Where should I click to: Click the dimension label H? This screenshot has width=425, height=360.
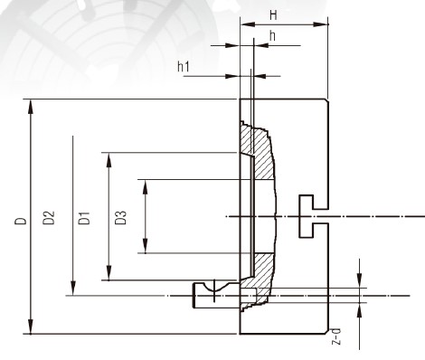(x=273, y=14)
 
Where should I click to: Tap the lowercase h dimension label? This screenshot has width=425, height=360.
(x=272, y=36)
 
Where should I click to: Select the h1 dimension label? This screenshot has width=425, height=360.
(x=184, y=67)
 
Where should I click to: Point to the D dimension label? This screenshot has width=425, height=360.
(x=21, y=221)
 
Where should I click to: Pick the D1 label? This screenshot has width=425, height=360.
(x=84, y=218)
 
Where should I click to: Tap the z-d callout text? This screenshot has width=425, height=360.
(x=336, y=336)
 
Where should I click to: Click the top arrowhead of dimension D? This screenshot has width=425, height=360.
(x=31, y=107)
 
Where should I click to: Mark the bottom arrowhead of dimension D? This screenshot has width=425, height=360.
(x=31, y=327)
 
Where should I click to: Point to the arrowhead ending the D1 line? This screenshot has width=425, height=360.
(x=73, y=288)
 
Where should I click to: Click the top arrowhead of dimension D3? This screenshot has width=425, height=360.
(x=109, y=160)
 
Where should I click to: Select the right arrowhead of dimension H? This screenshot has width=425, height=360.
(x=321, y=24)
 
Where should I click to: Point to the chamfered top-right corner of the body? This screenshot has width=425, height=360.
(x=326, y=100)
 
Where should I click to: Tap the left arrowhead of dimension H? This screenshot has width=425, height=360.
(x=248, y=24)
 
